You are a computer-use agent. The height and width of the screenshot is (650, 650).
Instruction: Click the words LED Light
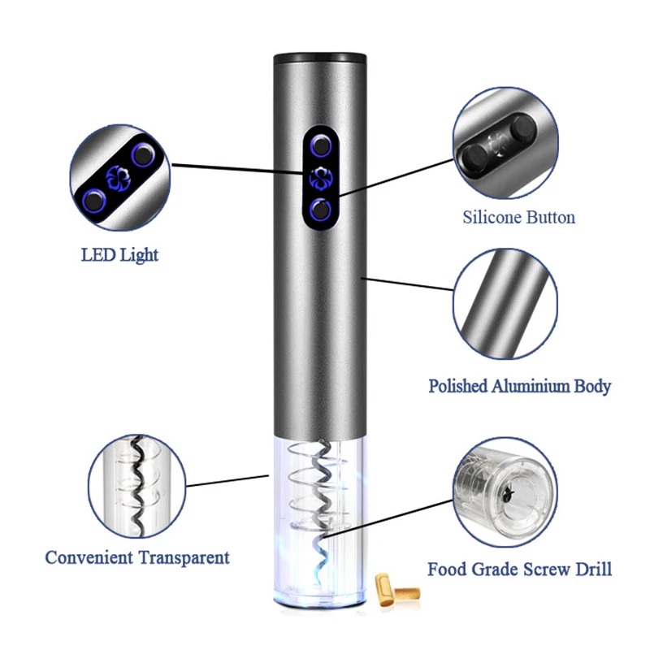coord(119,255)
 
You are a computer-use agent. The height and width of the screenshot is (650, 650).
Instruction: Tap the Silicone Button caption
coord(519,218)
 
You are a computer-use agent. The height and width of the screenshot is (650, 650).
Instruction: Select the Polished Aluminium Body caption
coord(520,386)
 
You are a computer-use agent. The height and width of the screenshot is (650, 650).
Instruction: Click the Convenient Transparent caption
coord(137,558)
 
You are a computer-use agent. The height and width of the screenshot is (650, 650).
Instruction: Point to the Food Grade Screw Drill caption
coord(519,569)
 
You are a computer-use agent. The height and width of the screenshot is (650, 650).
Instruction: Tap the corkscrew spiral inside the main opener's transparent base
coord(318,496)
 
